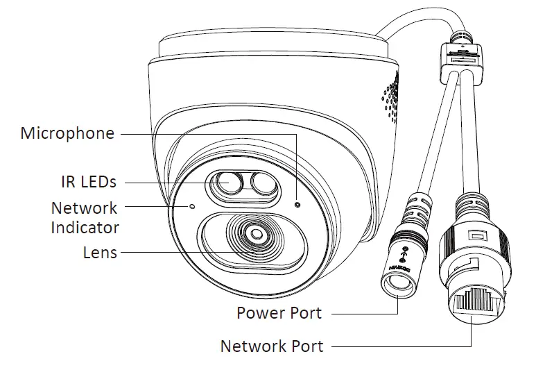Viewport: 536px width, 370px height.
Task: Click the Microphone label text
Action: [67, 133]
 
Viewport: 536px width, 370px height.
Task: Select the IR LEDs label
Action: [87, 182]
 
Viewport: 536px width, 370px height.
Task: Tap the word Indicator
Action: [85, 227]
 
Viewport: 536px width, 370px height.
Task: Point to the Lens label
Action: [100, 253]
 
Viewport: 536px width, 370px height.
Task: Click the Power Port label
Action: [279, 313]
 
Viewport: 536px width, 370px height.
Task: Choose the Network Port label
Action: [271, 345]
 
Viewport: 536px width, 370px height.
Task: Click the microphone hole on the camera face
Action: [297, 204]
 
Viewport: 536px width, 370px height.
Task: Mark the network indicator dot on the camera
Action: [192, 206]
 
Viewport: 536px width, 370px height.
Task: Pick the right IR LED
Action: [262, 185]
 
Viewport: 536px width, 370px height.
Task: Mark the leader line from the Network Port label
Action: [402, 346]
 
